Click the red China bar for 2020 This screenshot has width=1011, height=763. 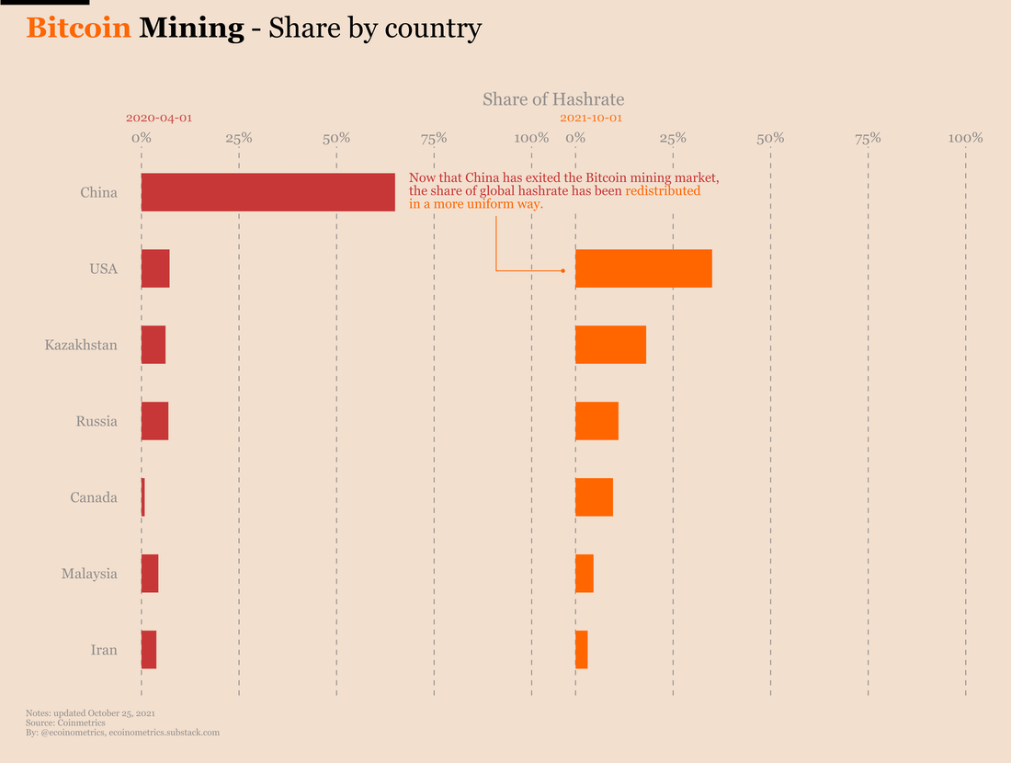pyautogui.click(x=267, y=192)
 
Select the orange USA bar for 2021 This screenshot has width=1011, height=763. pyautogui.click(x=643, y=268)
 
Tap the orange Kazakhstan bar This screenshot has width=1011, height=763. pyautogui.click(x=610, y=345)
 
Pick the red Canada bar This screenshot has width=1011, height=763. pyautogui.click(x=143, y=497)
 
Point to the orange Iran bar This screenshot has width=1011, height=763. pyautogui.click(x=582, y=650)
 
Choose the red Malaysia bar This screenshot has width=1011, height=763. pyautogui.click(x=150, y=574)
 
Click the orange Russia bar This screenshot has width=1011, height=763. pyautogui.click(x=596, y=421)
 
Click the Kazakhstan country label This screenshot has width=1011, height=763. pyautogui.click(x=81, y=346)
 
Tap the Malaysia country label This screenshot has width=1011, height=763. pyautogui.click(x=89, y=574)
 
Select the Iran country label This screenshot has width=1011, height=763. pyautogui.click(x=104, y=650)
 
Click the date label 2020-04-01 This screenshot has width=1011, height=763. pyautogui.click(x=159, y=119)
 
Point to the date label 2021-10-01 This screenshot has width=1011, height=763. pyautogui.click(x=591, y=119)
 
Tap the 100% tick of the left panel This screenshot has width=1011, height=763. pyautogui.click(x=531, y=138)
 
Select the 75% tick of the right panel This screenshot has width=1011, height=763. pyautogui.click(x=868, y=138)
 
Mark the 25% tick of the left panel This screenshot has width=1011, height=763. pyautogui.click(x=239, y=138)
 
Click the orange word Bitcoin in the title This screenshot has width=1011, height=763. pyautogui.click(x=78, y=28)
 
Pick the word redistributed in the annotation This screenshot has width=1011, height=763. pyautogui.click(x=663, y=191)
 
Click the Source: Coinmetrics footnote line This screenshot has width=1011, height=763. pyautogui.click(x=65, y=723)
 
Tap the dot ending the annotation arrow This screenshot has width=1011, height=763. pyautogui.click(x=563, y=270)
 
